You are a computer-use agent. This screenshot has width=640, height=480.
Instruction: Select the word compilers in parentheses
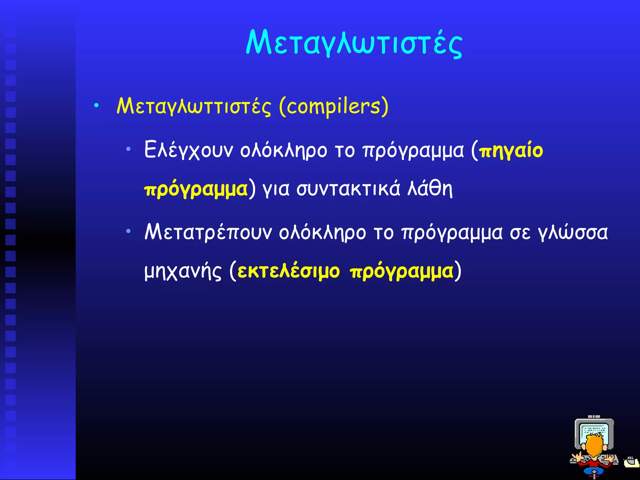(x=333, y=107)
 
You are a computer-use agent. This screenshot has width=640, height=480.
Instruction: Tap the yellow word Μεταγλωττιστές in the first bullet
(x=194, y=107)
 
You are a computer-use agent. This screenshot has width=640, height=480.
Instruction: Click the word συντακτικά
(x=348, y=189)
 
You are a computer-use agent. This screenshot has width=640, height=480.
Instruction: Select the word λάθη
(x=430, y=189)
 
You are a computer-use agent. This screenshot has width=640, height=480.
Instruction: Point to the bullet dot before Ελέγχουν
(x=128, y=149)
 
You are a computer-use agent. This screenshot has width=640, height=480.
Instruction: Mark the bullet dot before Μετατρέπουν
(x=128, y=231)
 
